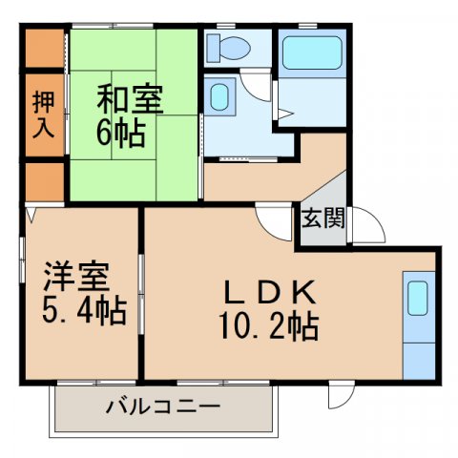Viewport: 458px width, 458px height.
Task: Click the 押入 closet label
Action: (x=43, y=115)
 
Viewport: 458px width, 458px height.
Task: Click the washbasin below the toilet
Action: (x=219, y=97)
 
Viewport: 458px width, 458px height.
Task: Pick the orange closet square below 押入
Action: (x=43, y=180)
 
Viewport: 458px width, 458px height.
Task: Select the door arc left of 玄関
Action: (x=280, y=221)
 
